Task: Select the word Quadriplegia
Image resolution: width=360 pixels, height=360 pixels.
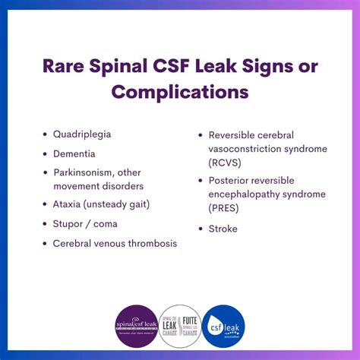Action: pos(82,134)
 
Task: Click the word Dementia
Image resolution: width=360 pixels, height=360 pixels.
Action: pos(74,153)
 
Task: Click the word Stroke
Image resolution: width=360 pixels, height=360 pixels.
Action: pos(223,229)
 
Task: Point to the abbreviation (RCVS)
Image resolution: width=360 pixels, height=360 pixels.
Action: pos(225,163)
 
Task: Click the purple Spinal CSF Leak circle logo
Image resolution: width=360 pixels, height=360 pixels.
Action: pos(136,325)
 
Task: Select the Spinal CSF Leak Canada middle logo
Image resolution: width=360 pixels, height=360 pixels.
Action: pos(180,325)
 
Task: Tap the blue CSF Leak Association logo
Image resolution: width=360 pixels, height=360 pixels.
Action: pos(223,325)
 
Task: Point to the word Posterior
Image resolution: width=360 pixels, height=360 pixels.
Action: pos(232,181)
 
